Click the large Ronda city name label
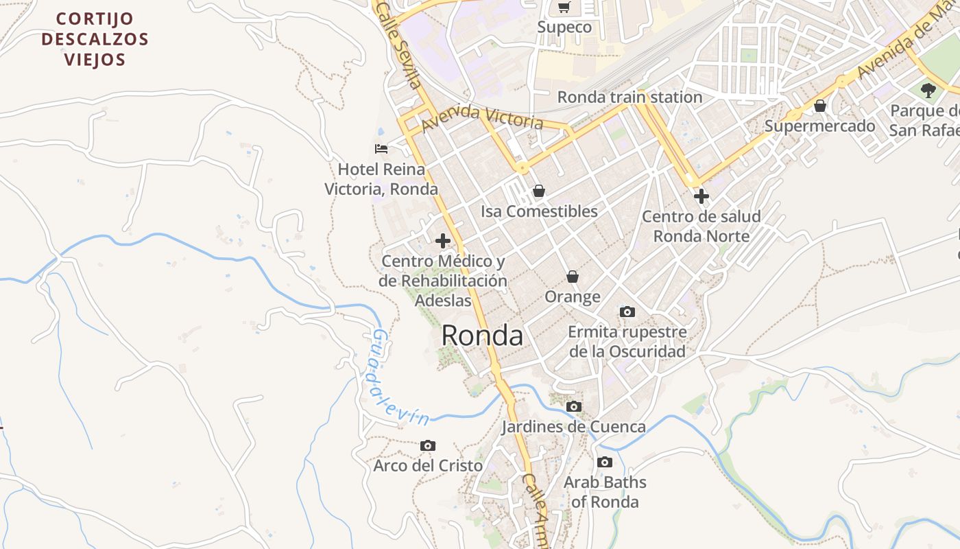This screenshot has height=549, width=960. point(482,335)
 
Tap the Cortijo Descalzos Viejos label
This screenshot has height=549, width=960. point(95,39)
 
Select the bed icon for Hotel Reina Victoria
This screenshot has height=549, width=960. point(381,148)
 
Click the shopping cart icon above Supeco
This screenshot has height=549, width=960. point(564,8)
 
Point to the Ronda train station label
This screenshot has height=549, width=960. point(629,97)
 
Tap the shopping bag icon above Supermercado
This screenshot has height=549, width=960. point(819,106)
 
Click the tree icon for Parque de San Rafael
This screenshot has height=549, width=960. point(928,90)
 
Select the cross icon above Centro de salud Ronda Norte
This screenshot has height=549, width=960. point(701,197)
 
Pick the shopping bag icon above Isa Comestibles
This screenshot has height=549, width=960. point(539,191)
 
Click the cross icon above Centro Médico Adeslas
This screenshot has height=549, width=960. point(443,241)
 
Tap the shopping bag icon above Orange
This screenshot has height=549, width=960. point(572,277)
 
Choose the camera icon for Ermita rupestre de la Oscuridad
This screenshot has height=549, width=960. point(627,312)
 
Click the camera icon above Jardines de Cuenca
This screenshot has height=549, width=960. point(573,407)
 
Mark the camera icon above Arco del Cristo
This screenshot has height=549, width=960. point(428,446)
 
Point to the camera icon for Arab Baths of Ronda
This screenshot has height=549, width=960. point(604,463)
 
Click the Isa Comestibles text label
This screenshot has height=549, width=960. point(539,211)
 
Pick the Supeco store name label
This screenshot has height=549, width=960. point(564,27)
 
